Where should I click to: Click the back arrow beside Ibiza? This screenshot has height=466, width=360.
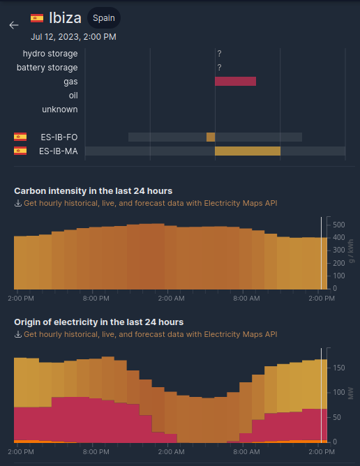(14, 25)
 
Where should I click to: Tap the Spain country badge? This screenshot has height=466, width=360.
(104, 18)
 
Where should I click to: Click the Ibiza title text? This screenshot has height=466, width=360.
(65, 18)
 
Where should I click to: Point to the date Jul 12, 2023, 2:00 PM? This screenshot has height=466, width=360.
(73, 36)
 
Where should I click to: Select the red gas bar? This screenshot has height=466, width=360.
(235, 82)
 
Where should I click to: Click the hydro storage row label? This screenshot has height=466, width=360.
(50, 54)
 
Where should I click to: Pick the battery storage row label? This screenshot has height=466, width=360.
(47, 68)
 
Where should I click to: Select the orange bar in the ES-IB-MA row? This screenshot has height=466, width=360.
(247, 151)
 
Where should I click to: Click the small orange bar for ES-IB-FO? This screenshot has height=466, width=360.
(211, 137)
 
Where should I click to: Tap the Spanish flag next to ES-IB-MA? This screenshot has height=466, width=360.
(20, 151)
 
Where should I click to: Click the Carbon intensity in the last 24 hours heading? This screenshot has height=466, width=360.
(93, 190)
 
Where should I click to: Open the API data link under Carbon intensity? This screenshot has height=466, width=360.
(150, 203)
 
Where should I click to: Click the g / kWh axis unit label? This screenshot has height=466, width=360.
(351, 250)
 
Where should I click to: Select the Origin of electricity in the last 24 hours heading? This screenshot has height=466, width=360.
(98, 322)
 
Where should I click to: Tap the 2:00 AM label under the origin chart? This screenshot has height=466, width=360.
(172, 452)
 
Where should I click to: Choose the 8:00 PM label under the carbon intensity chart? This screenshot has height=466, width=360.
(96, 299)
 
